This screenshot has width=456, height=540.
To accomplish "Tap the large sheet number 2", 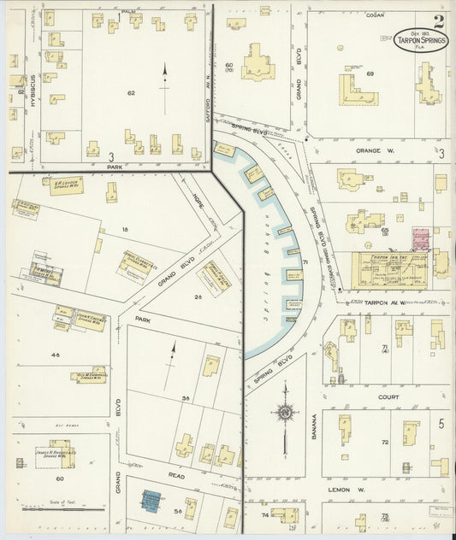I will pos(439,21).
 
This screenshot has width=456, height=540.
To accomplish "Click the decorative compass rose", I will pos(284,414).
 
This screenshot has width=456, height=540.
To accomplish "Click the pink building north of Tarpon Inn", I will pos(421,238).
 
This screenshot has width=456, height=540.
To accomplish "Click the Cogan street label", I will pos(374,15).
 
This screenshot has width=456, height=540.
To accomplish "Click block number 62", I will pos(131,91).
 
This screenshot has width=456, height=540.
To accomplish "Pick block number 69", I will pos(370,74).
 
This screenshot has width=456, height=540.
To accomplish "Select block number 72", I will pos(384,442).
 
